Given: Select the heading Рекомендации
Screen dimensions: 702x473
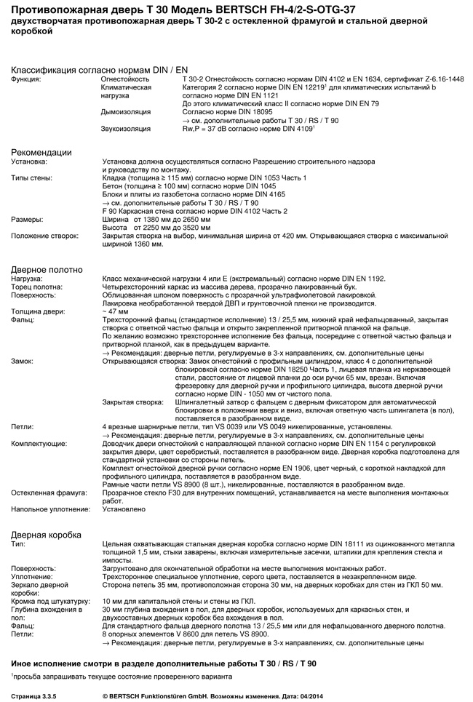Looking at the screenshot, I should click(x=41, y=152).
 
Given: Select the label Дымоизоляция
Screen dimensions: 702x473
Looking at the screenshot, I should click(x=126, y=112).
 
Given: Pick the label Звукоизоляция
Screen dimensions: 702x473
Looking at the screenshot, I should click(x=126, y=129).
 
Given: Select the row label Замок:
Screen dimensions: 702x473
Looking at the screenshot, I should click(x=23, y=361).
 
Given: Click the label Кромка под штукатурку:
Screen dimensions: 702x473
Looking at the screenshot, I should click(x=50, y=602).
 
